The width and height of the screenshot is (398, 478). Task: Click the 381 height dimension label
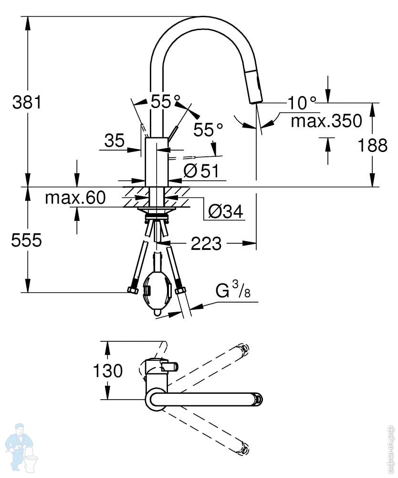point(27,102)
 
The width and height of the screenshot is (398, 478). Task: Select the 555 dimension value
point(26,240)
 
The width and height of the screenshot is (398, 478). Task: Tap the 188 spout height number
point(372,145)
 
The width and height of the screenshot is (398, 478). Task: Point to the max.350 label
point(326,120)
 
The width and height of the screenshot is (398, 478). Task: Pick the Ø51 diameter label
point(201,171)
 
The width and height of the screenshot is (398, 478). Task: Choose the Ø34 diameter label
point(225,211)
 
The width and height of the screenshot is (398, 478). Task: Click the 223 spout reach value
point(206,243)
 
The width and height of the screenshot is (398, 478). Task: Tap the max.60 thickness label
point(75,197)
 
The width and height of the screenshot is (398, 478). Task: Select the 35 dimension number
point(115,141)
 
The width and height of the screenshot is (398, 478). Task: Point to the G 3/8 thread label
point(233,289)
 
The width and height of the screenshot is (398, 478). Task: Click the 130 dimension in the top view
point(108,370)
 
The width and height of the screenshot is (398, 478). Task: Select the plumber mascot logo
point(22,448)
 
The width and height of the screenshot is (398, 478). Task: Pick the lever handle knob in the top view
point(170,367)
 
